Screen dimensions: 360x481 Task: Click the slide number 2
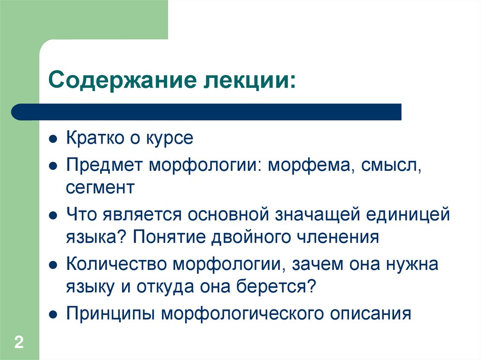[19, 342]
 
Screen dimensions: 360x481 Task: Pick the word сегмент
[100, 188]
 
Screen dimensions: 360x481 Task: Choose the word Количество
[117, 264]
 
